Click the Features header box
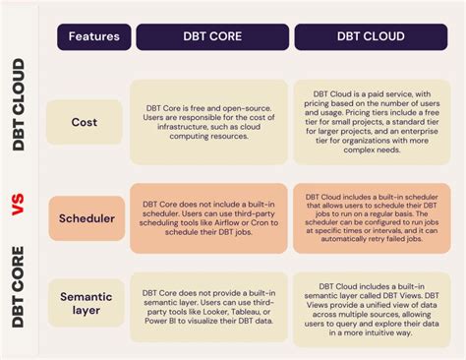point(94,36)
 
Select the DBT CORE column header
point(211,36)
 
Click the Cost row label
point(85,122)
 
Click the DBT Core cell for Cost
point(209,122)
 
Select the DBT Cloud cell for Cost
point(373,122)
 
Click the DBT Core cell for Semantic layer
point(209,304)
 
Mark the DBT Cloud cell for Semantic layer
point(373,304)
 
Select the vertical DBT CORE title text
point(18,290)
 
